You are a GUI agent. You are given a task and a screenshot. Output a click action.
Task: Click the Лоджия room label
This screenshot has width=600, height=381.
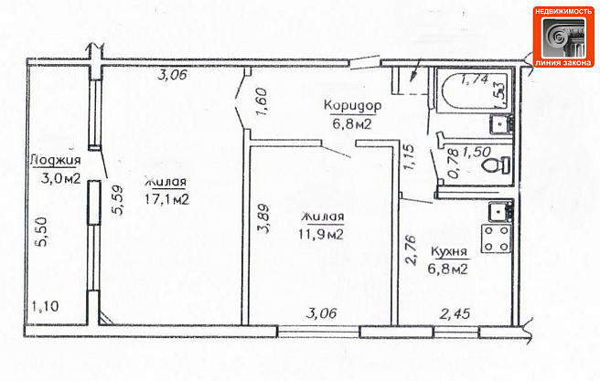tap(56, 161)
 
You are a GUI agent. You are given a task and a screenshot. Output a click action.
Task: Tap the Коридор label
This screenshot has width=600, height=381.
tap(352, 105)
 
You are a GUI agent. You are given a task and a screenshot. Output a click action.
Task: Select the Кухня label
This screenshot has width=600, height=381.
tap(449, 252)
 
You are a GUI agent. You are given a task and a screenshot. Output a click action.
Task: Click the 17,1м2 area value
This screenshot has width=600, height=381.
tap(166, 198)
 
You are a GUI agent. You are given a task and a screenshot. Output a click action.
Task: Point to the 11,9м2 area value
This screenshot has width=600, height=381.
tap(321, 234)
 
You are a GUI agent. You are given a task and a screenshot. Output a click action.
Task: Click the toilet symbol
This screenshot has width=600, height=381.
tap(496, 165)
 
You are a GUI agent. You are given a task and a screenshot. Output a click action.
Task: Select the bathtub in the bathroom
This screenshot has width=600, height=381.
tap(474, 90)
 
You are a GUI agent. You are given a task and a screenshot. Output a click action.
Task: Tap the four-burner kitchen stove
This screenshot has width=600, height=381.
tap(497, 238)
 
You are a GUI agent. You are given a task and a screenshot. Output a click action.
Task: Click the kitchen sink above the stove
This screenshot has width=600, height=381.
tap(500, 211)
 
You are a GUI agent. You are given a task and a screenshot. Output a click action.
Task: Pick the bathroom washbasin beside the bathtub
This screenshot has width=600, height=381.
tap(501, 124)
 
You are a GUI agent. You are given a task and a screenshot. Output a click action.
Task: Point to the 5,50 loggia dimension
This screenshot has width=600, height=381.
tap(42, 232)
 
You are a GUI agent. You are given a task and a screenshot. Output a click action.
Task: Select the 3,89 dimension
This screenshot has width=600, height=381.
tap(263, 218)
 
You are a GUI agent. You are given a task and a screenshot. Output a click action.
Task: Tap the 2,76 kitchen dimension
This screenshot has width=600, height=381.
tap(411, 250)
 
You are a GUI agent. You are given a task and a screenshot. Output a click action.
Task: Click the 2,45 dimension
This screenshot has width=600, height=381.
tap(455, 314)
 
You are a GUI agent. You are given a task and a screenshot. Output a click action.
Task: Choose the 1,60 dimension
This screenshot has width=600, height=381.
tap(262, 102)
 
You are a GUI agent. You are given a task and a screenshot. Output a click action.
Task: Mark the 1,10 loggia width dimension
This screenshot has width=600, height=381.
tap(45, 306)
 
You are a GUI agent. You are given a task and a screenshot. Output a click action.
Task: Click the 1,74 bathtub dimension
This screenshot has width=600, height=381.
tap(475, 79)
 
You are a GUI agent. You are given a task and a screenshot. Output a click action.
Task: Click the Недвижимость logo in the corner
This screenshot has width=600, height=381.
tap(563, 37)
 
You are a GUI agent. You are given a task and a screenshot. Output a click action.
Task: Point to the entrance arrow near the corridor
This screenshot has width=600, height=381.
tap(415, 70)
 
